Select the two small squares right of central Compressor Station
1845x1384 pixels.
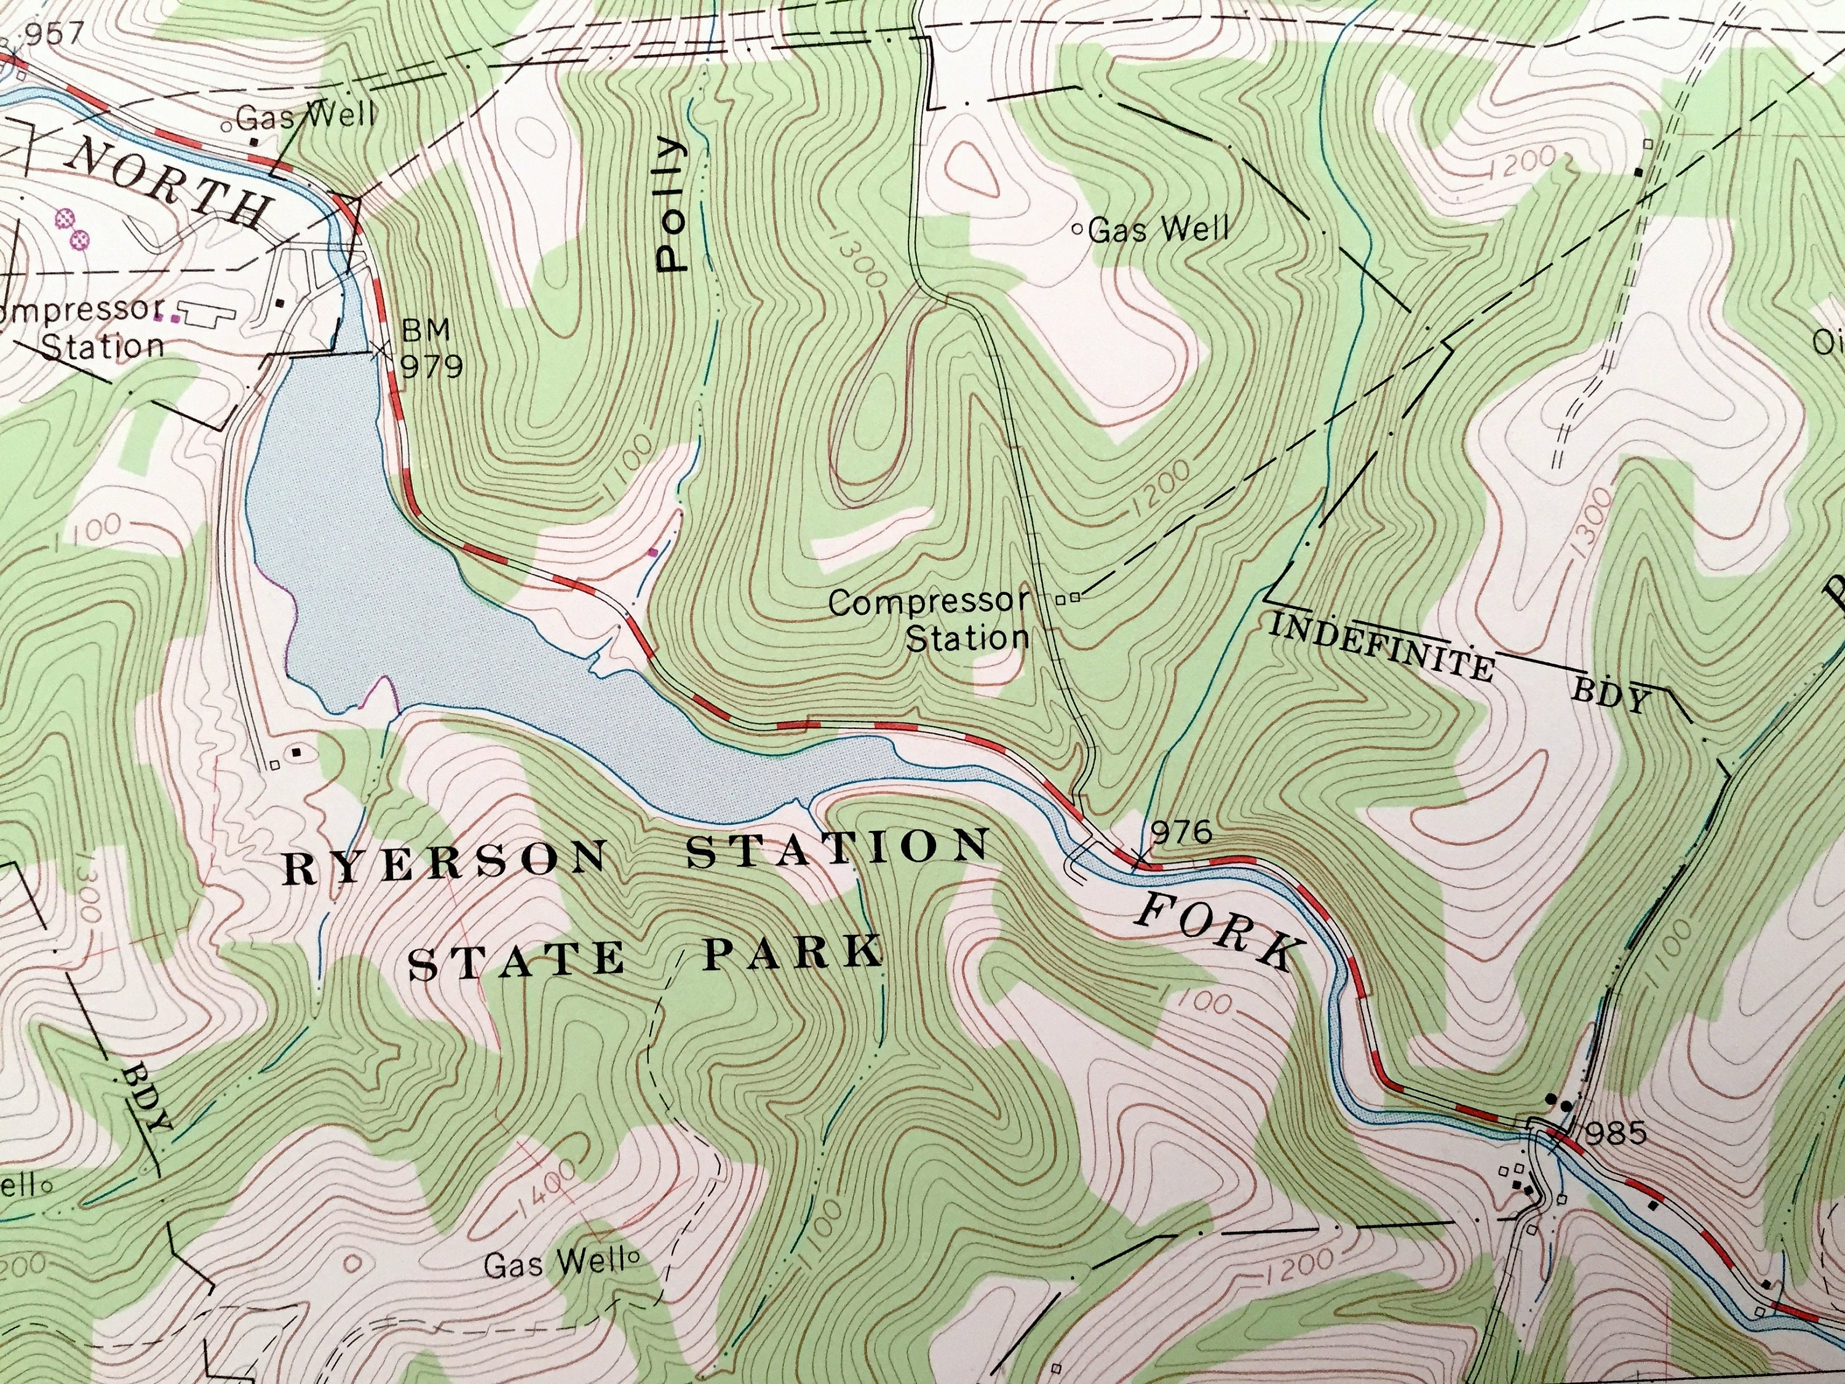[1068, 597]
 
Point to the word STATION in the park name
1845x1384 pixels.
[836, 849]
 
